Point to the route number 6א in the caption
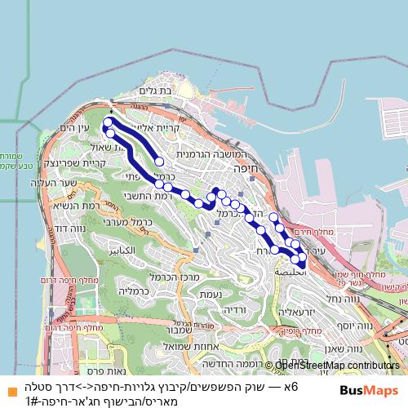pos(291,385)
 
